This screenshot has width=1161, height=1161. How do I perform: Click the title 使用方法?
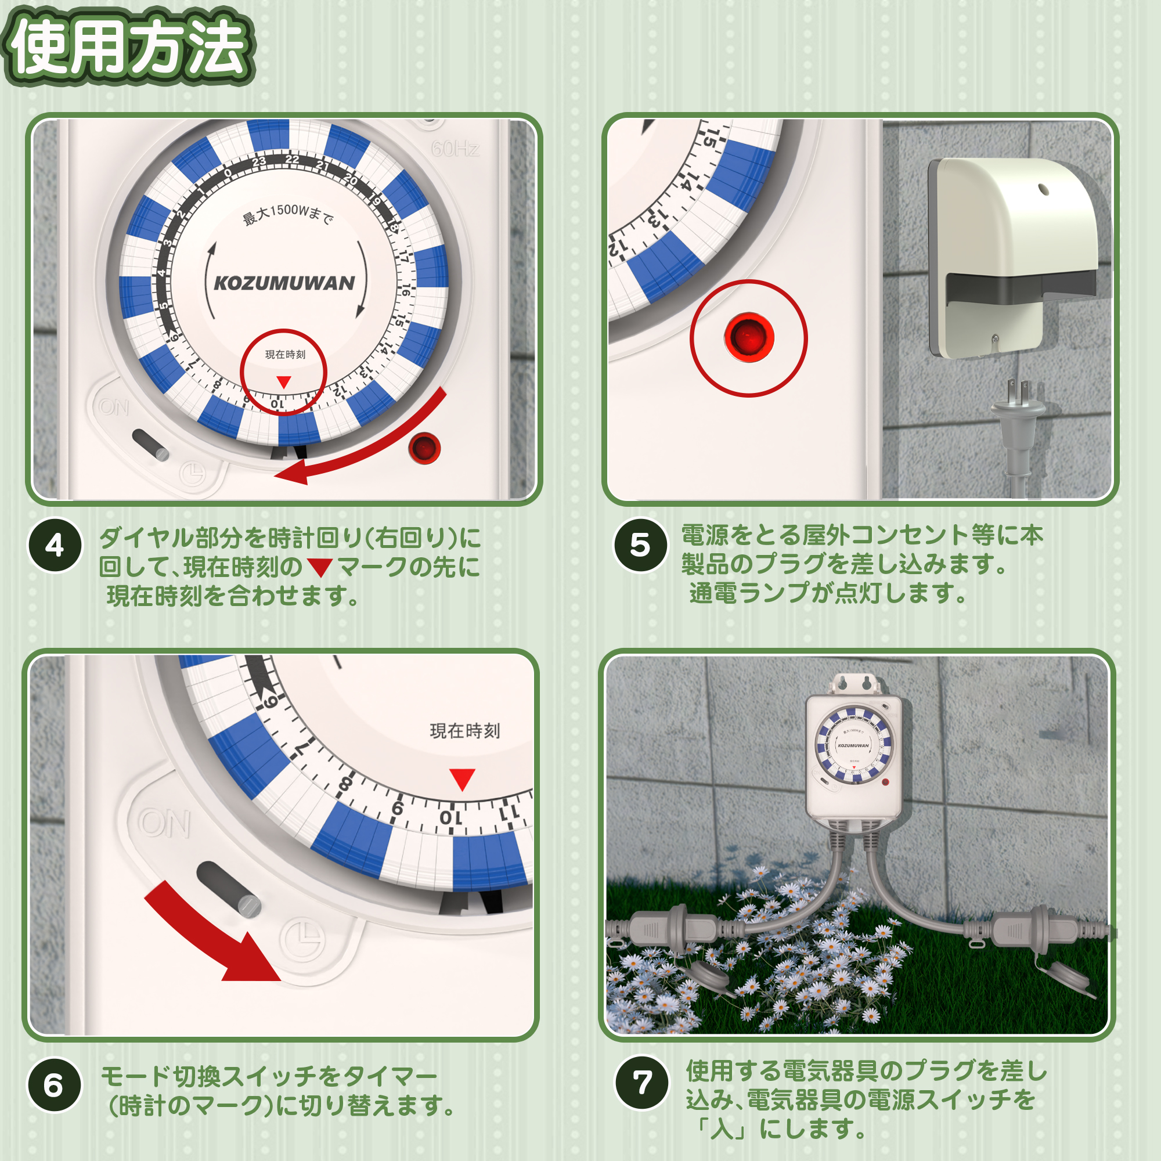(128, 46)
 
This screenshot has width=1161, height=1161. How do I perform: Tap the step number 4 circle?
(55, 545)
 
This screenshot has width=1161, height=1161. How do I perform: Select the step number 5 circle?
(640, 545)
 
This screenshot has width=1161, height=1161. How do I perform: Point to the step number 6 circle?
(54, 1086)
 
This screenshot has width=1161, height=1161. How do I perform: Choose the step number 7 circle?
(642, 1083)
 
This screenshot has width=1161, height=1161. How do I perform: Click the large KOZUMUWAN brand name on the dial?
(284, 283)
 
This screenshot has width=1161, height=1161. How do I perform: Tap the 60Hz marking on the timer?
(455, 148)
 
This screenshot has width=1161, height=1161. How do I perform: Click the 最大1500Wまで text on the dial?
(287, 215)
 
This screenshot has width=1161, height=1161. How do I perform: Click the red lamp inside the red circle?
(749, 337)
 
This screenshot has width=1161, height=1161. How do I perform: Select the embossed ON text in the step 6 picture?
(164, 823)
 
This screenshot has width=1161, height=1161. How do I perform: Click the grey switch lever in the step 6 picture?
(228, 889)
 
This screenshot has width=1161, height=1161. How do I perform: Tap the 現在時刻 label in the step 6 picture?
(464, 731)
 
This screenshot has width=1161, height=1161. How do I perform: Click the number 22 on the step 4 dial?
(292, 159)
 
